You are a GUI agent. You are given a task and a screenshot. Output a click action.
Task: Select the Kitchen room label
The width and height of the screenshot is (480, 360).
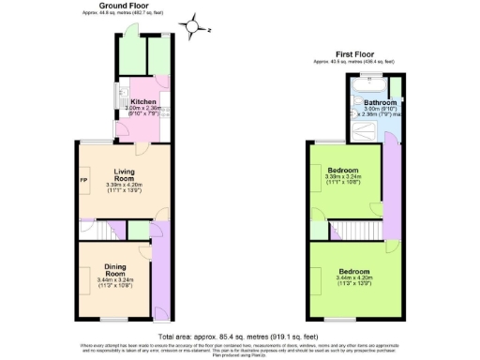tap(142, 100)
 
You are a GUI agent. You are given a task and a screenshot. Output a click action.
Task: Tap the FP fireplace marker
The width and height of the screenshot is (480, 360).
tap(83, 178)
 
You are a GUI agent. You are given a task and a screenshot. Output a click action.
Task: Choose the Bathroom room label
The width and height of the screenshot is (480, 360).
tap(380, 102)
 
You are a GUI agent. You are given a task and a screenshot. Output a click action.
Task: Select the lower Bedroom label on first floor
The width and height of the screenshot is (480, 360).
tap(352, 271)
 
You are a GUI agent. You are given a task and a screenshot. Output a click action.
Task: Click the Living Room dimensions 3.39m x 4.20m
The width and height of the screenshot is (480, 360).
tap(132, 186)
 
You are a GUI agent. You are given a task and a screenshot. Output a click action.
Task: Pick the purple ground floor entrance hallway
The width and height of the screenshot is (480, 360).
tap(159, 281)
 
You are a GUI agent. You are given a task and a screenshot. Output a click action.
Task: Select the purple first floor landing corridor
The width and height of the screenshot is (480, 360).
tap(388, 187)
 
